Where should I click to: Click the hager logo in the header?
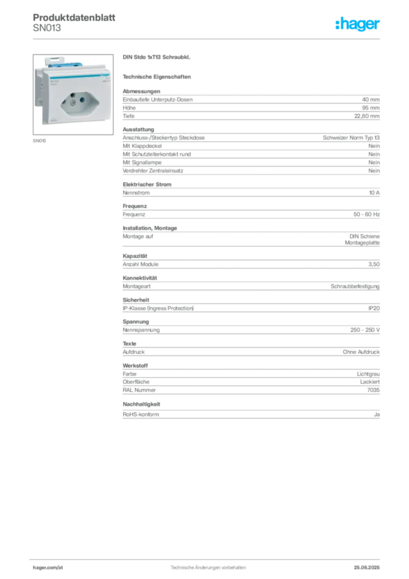point(358,24)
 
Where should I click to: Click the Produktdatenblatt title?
point(74,18)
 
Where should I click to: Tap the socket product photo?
point(73,94)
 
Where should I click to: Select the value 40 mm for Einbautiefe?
point(371,100)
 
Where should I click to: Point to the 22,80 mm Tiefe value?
point(367,116)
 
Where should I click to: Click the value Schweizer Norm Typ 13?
point(351,138)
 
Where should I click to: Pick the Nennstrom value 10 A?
point(375,193)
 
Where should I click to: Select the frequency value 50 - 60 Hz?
point(367,214)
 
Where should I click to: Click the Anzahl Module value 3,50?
point(374,265)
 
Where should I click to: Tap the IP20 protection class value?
point(374,308)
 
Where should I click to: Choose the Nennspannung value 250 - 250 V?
point(365,330)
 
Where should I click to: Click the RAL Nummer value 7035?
point(373,390)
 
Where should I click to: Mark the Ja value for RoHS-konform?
point(377,414)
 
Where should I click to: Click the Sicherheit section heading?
point(136,300)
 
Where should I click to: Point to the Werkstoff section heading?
point(136,366)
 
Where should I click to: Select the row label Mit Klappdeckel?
point(142,146)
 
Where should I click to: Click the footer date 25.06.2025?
point(367,568)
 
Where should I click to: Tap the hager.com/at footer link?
point(48,568)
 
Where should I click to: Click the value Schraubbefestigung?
point(355,286)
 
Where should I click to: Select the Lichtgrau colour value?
point(368,374)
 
